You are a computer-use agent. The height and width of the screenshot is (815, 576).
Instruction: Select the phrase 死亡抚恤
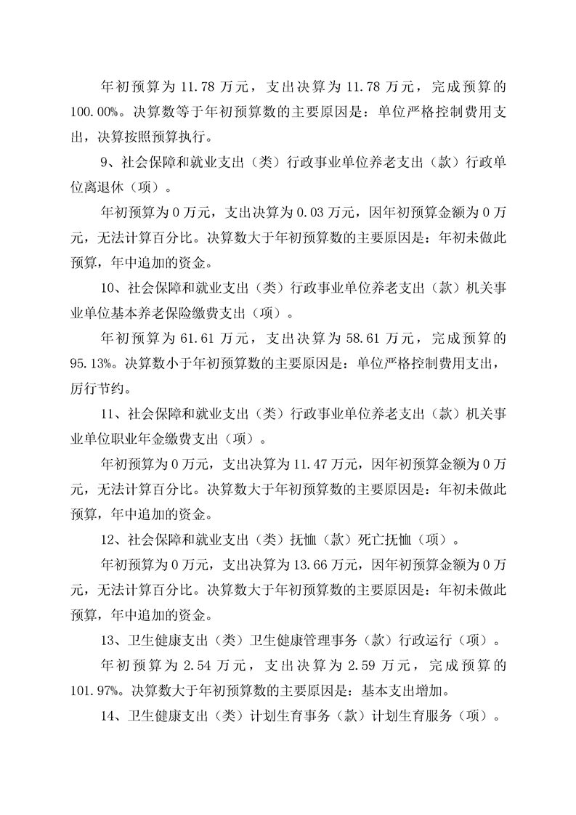pos(385,541)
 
